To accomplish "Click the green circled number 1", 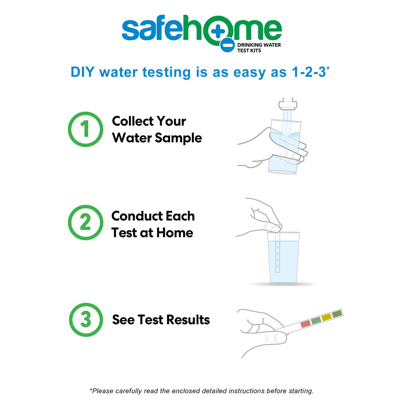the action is [85, 129].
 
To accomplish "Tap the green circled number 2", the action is [85, 222].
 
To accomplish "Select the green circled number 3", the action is [86, 320].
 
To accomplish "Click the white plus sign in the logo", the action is [218, 31].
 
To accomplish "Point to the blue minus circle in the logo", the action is [227, 45].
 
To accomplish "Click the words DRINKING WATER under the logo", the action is [259, 45].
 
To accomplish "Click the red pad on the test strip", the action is [306, 324].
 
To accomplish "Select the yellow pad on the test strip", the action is [327, 317].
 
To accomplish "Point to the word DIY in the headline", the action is [83, 72].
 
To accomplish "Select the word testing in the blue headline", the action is [166, 73].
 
